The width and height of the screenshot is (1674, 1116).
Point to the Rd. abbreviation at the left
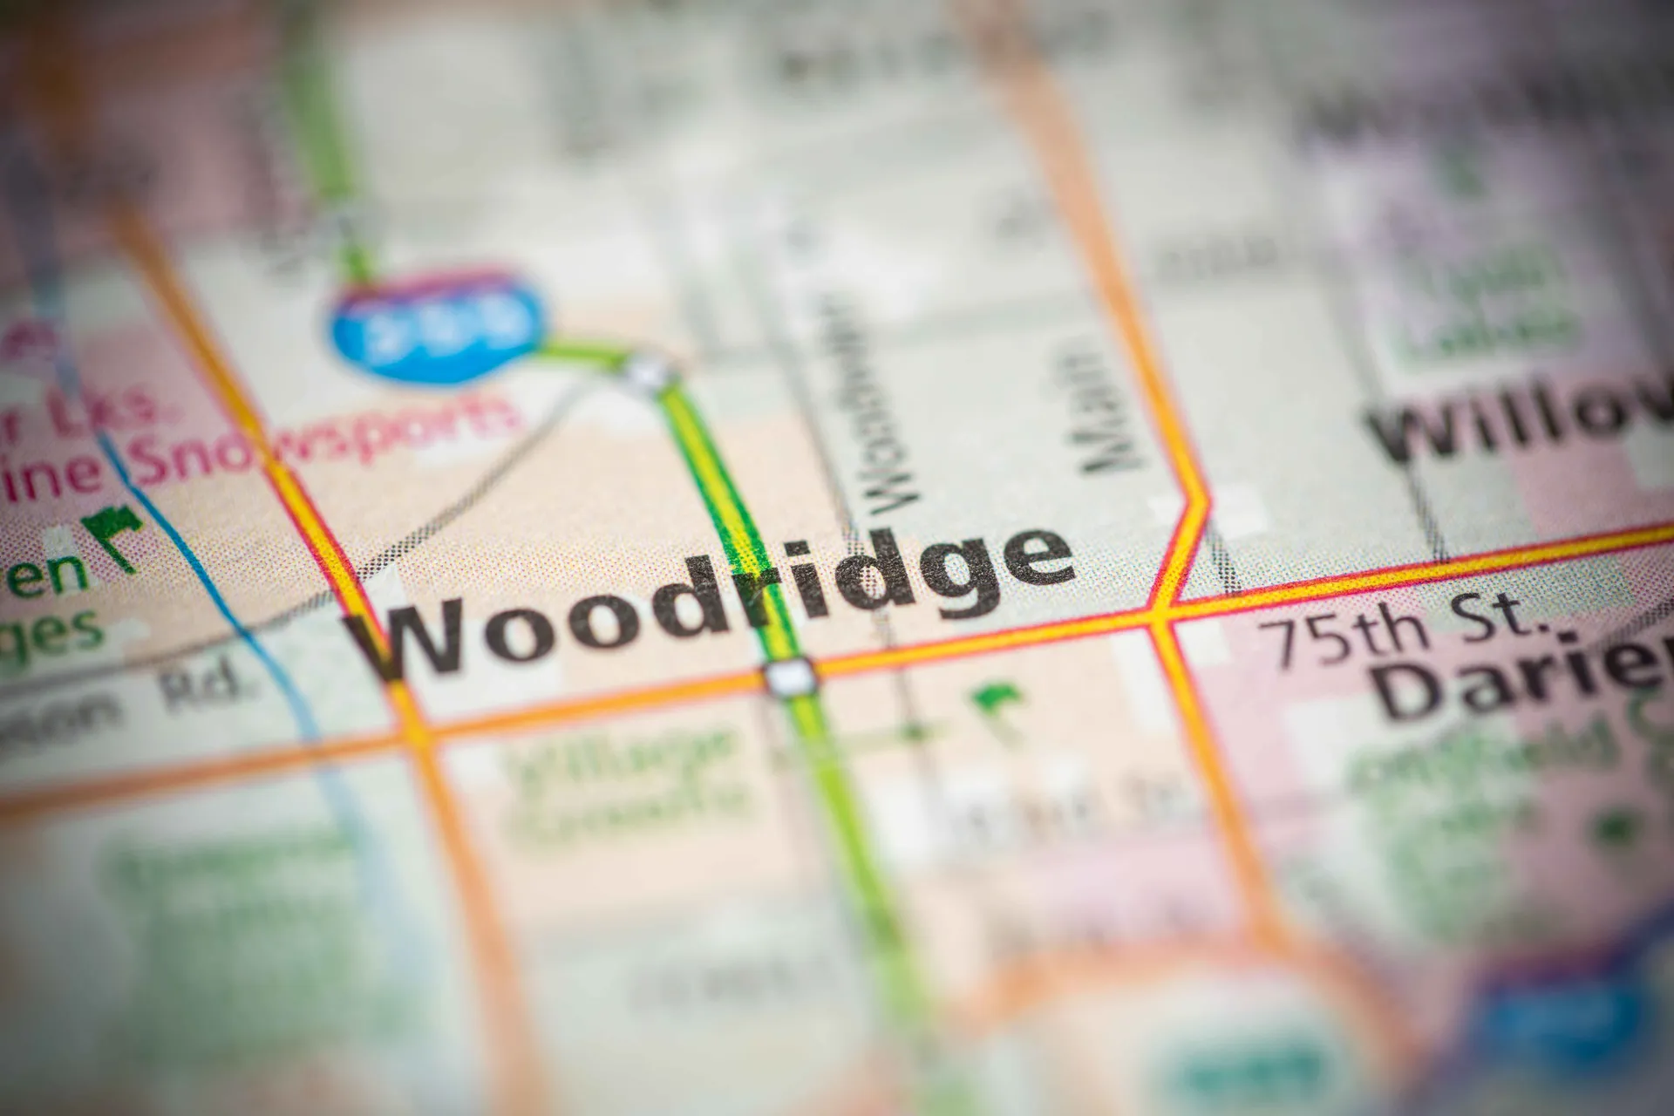click(x=205, y=689)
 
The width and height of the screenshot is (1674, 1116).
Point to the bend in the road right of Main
click(x=1199, y=501)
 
